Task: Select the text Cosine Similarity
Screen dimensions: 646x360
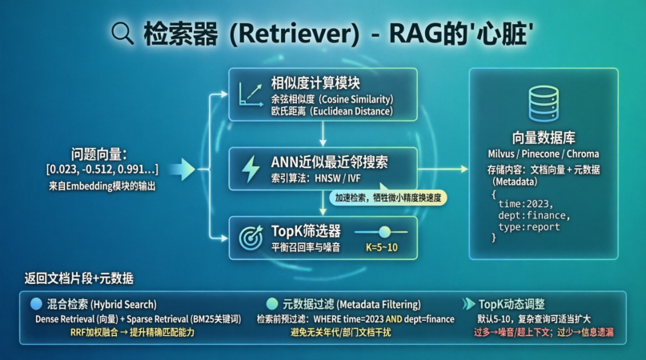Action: pos(357,98)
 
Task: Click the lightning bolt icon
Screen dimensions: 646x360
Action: pos(251,167)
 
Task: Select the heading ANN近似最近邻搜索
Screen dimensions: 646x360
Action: pos(330,162)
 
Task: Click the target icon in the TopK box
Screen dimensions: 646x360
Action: pos(251,236)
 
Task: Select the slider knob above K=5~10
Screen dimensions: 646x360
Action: pos(385,231)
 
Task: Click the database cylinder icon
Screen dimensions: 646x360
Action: pos(544,102)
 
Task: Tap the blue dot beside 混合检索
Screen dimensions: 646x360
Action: pos(35,304)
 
